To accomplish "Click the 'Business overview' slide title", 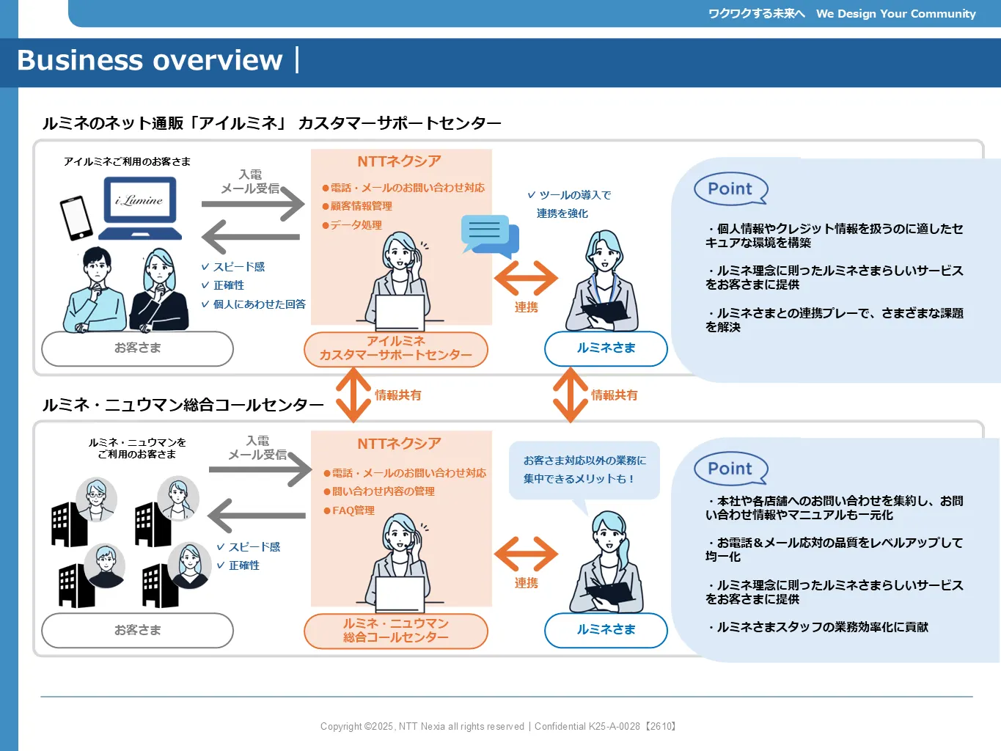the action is (150, 60).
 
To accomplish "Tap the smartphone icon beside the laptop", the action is (76, 218).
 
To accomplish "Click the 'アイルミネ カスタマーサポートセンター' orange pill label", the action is (395, 348).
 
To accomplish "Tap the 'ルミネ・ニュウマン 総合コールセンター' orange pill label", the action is (395, 630).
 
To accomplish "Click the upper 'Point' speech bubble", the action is (730, 188).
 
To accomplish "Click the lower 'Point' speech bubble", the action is (730, 469).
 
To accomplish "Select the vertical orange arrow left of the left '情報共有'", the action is (353, 395).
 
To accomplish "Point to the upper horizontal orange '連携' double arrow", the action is (526, 278).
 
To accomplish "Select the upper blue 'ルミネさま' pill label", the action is (606, 348).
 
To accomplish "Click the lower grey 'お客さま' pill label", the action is (137, 630).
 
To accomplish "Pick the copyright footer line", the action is (498, 726).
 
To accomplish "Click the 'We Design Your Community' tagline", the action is (895, 14).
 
